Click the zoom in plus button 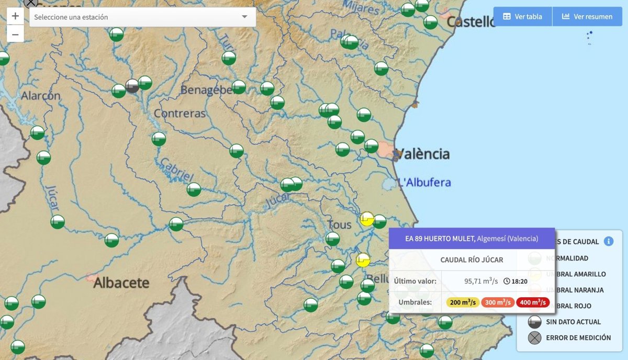(x=15, y=16)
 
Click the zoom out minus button (x=15, y=35)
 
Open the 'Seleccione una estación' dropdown (x=142, y=17)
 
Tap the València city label (x=423, y=154)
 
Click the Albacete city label (x=121, y=283)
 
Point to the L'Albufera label (x=424, y=183)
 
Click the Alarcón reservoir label (x=41, y=96)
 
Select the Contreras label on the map (x=180, y=114)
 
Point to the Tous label (x=339, y=225)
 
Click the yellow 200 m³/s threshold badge (x=463, y=302)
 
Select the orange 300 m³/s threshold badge (x=498, y=302)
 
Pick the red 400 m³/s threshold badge (x=533, y=302)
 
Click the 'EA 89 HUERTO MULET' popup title (x=440, y=239)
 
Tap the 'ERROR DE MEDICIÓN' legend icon (x=534, y=337)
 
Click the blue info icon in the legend (x=608, y=241)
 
